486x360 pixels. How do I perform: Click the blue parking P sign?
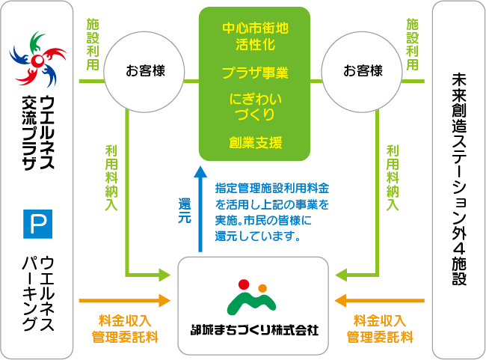(38, 224)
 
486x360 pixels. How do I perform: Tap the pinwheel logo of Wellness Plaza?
(38, 59)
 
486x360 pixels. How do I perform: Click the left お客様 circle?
(144, 72)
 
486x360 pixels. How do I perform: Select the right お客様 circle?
(362, 72)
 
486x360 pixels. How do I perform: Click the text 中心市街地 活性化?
(255, 36)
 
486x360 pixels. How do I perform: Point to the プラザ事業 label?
(255, 73)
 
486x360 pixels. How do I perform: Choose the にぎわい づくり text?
(255, 106)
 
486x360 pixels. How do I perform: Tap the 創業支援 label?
(255, 142)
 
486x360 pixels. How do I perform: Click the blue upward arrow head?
(200, 171)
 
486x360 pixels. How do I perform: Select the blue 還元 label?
(185, 210)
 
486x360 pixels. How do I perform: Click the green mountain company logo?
(251, 297)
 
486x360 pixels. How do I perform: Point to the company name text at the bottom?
(254, 330)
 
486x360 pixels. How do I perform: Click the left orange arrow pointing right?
(125, 300)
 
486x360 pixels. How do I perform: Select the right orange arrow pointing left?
(379, 300)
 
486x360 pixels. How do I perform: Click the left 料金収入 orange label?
(125, 320)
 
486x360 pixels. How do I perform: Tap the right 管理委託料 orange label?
(380, 337)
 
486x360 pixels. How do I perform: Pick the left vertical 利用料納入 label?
(111, 178)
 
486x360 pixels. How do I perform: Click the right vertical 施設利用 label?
(412, 44)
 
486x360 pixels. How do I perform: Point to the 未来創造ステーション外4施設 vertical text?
(459, 179)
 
